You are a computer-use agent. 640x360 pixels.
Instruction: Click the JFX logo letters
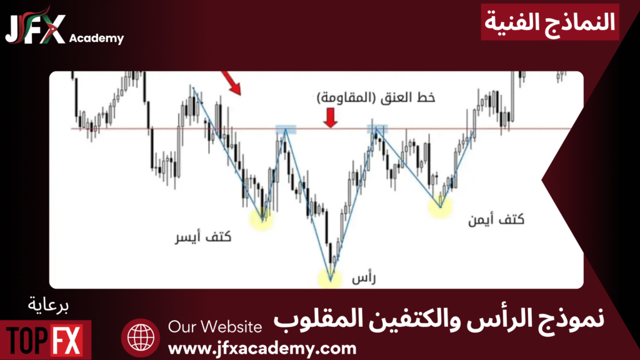coord(35,27)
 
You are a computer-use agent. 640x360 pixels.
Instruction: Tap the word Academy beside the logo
coord(96,38)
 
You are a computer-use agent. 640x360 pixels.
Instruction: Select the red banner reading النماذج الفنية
coord(550,22)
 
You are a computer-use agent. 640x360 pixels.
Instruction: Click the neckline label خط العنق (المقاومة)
coord(376,97)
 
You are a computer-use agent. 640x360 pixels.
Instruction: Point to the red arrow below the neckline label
coord(330,117)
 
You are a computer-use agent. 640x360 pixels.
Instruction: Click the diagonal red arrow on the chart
coord(231,83)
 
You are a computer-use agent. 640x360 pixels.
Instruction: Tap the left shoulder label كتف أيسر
coord(203,237)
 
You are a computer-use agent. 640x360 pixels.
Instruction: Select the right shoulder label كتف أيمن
coord(496,219)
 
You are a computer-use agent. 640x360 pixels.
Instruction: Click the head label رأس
coord(364,278)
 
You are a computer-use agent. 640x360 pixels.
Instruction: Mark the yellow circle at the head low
coord(330,279)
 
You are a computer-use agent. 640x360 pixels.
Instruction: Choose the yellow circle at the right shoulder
coord(440,206)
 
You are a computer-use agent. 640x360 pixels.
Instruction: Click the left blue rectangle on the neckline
coord(286,129)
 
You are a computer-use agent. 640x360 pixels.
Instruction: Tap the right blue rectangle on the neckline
coord(377,129)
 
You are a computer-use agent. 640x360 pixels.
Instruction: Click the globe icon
coord(141,338)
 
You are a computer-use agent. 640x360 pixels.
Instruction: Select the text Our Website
coord(215,327)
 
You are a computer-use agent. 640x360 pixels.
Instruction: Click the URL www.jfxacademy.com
coord(262,349)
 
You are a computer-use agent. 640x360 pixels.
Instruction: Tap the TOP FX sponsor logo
coord(45,340)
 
